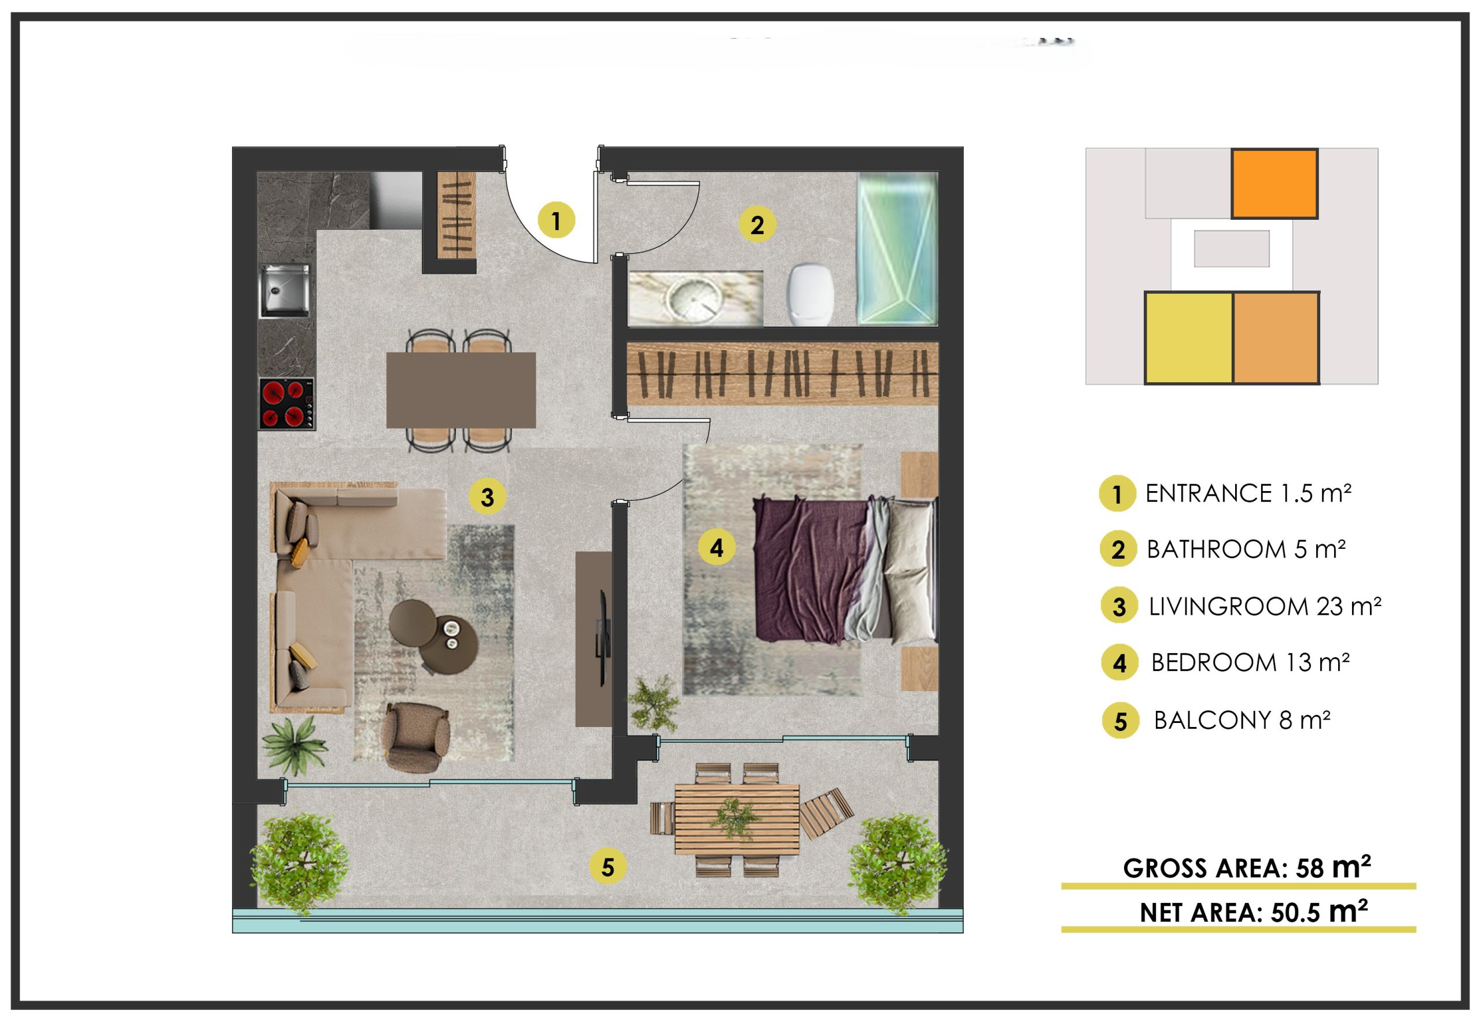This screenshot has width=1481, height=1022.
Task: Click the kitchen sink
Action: coord(285,292)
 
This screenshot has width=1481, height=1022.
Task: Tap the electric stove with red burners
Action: coord(286,404)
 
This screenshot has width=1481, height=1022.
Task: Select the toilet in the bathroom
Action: coord(811,294)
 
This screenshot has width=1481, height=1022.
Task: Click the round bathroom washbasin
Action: coord(693,299)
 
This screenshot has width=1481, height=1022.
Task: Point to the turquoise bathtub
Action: coord(897,249)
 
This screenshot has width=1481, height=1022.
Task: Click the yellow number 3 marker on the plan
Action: coord(487,497)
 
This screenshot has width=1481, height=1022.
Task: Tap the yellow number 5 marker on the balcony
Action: coord(607,867)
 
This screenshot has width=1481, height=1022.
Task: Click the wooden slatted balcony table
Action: coord(736,820)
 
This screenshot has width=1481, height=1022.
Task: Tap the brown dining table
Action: coord(460,390)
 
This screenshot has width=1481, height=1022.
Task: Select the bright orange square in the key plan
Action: coord(1274,184)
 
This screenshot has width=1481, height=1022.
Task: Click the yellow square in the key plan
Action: coord(1188,337)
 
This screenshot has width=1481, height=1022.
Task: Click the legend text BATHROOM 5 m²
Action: coord(1246,549)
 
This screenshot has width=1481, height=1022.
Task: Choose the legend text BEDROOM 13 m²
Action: coord(1250,663)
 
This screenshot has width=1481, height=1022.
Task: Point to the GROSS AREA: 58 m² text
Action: coord(1247,868)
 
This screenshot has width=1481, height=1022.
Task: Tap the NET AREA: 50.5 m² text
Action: coord(1254,911)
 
